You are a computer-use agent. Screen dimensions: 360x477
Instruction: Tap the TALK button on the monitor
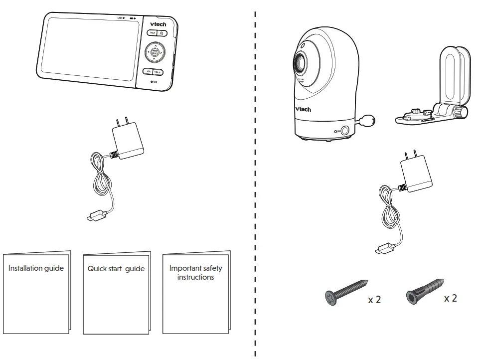pyautogui.click(x=152, y=33)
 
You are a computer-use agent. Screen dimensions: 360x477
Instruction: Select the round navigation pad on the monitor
pyautogui.click(x=155, y=52)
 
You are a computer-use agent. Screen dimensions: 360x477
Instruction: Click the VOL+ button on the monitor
pyautogui.click(x=159, y=72)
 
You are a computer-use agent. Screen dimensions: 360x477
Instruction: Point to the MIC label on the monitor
pyautogui.click(x=154, y=80)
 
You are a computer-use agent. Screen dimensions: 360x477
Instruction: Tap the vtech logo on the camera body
pyautogui.click(x=303, y=109)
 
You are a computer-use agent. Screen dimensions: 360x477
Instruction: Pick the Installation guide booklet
pyautogui.click(x=36, y=292)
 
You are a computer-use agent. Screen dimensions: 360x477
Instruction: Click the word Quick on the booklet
pyautogui.click(x=97, y=269)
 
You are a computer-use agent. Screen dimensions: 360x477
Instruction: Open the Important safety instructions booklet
pyautogui.click(x=195, y=292)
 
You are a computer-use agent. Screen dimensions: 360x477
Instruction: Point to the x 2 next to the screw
pyautogui.click(x=374, y=300)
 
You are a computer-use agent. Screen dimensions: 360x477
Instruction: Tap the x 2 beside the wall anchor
pyautogui.click(x=450, y=298)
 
